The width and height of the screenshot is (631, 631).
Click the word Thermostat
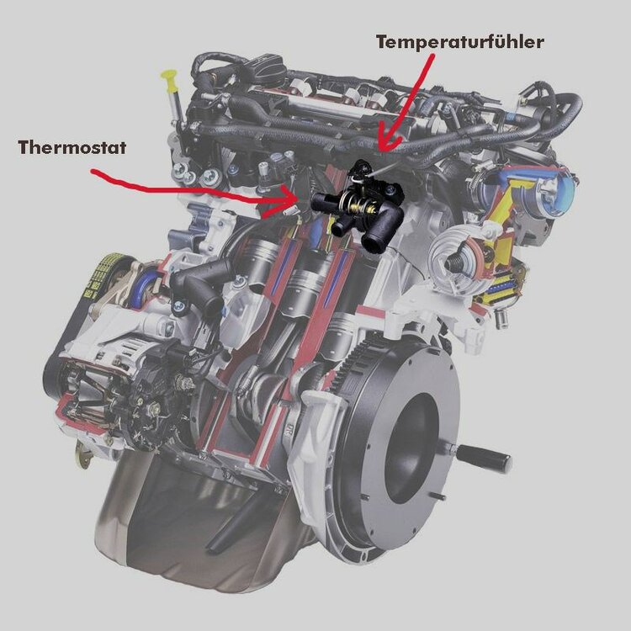(72, 148)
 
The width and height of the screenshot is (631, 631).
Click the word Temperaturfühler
(460, 42)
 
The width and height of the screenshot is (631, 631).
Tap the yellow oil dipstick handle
(169, 80)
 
